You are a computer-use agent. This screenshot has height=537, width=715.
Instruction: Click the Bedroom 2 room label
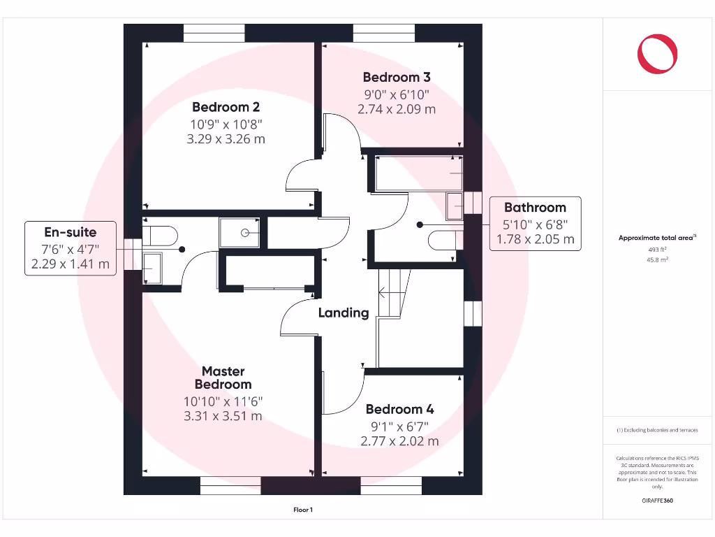[x=226, y=107]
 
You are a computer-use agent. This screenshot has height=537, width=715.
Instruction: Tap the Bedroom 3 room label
[x=396, y=77]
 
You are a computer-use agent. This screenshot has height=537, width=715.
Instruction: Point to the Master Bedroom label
[x=223, y=378]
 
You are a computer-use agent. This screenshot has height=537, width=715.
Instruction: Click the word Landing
[x=343, y=313]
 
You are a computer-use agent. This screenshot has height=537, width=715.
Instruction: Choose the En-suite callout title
[x=70, y=232]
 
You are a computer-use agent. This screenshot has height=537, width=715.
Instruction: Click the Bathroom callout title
[x=535, y=207]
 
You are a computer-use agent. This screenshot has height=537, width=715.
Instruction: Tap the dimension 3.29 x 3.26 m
[x=226, y=138]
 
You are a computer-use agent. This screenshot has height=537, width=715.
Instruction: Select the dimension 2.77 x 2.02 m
[x=399, y=441]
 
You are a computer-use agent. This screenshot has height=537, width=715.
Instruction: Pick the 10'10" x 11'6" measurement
[x=223, y=401]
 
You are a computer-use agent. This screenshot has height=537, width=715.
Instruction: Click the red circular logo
[x=657, y=55]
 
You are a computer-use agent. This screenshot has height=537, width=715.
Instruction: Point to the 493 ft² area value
[x=657, y=250]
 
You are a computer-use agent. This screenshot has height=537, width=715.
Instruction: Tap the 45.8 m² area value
[x=657, y=259]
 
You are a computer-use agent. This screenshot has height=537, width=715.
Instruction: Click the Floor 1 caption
[x=302, y=510]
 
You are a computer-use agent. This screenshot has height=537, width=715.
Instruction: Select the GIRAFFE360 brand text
[x=657, y=500]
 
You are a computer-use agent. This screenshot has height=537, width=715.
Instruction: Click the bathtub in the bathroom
[x=418, y=173]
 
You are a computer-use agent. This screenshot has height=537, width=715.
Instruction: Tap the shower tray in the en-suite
[x=241, y=233]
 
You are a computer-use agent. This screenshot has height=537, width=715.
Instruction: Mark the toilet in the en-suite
[x=160, y=234]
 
